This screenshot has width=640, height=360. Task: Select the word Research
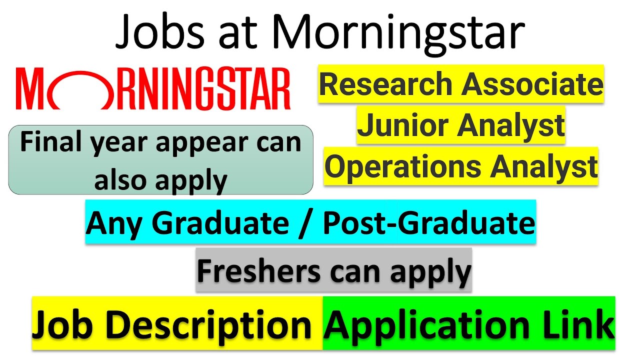[387, 84]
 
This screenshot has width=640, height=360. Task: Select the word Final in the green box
[48, 143]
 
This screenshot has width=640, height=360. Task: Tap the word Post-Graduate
[428, 223]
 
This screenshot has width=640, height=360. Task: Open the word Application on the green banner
[425, 325]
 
